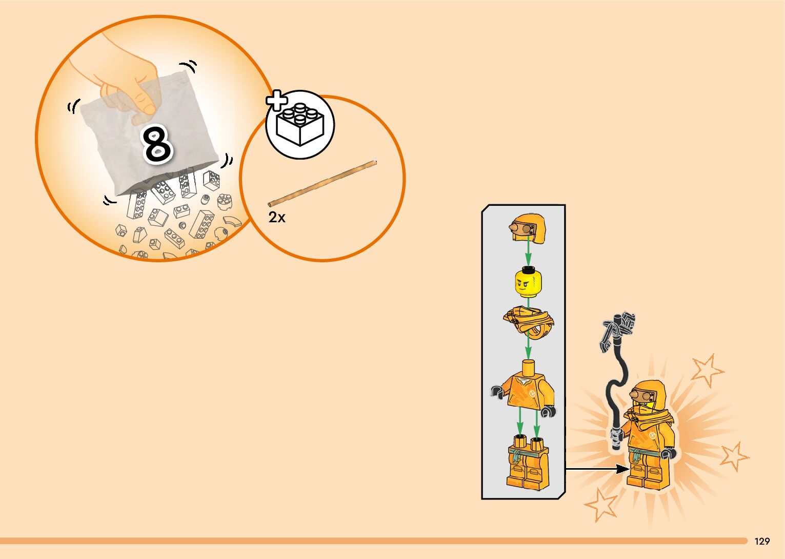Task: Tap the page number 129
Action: [762, 541]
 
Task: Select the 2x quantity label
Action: [277, 218]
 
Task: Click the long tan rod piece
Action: [323, 183]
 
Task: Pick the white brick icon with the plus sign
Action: [300, 125]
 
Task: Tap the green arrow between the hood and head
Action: [528, 254]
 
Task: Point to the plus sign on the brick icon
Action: [277, 101]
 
